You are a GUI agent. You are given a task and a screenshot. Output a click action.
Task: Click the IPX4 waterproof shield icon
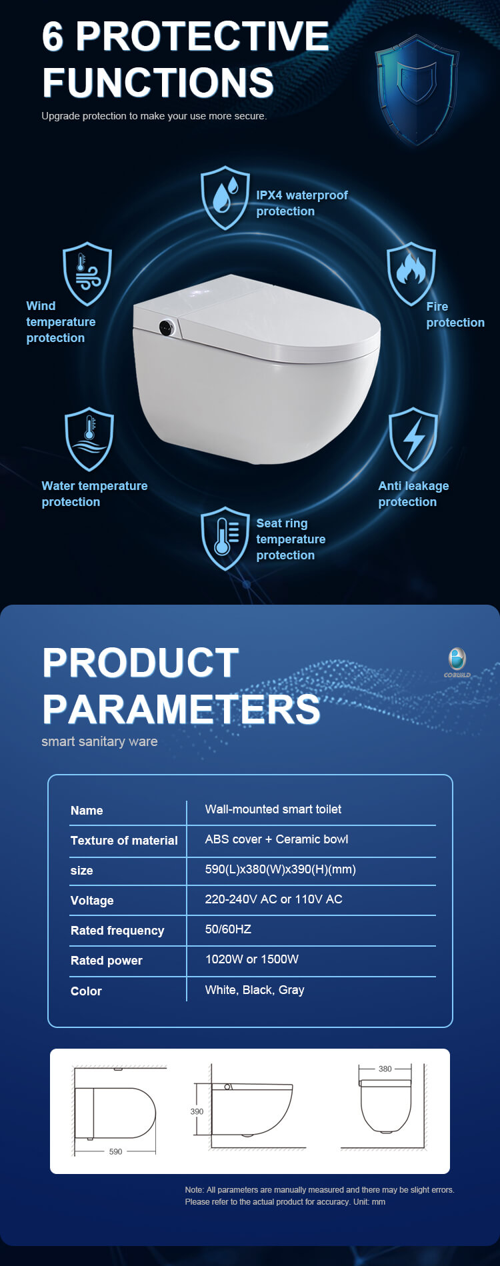[225, 198]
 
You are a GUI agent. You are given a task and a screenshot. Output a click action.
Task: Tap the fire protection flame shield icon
[411, 273]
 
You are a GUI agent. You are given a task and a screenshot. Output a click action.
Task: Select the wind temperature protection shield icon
[87, 273]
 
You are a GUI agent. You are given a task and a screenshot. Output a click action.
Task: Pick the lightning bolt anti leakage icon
[413, 439]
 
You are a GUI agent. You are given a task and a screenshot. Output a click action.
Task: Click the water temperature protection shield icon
[89, 439]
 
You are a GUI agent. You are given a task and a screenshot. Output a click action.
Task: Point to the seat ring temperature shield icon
[225, 539]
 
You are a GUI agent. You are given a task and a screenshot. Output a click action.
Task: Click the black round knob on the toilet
[166, 327]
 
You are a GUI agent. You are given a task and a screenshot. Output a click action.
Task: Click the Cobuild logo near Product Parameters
[457, 663]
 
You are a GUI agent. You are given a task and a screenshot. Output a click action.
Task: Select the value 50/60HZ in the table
[228, 929]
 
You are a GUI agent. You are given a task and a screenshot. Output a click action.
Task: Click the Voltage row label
[92, 901]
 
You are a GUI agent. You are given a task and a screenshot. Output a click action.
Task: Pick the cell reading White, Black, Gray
[255, 990]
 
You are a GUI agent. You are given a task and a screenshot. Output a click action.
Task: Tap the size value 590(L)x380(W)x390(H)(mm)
[281, 869]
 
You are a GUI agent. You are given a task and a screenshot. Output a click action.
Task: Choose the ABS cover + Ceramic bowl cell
[277, 839]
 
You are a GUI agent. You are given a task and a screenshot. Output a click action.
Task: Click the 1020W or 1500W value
[252, 959]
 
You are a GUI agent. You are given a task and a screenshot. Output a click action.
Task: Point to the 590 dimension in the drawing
[115, 1151]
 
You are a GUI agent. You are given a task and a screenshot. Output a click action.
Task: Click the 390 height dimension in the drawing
[197, 1111]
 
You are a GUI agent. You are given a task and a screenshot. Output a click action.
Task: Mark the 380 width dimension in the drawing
[385, 1069]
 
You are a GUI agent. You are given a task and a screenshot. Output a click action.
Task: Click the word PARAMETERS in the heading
[181, 709]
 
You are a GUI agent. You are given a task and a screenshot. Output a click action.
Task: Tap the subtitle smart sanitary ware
[99, 741]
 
